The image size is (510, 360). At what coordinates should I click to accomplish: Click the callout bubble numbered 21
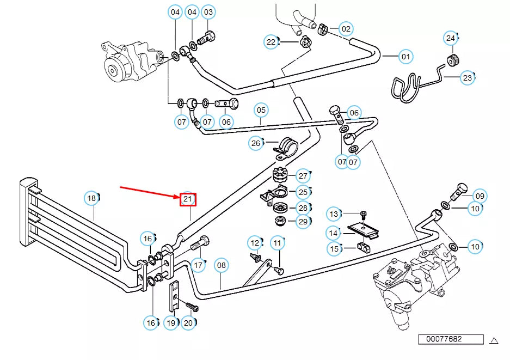pyautogui.click(x=188, y=199)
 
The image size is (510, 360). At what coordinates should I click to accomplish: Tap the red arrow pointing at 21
pyautogui.click(x=150, y=193)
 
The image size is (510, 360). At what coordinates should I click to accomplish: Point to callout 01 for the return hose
pyautogui.click(x=405, y=56)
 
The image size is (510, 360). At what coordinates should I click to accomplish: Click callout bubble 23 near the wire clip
pyautogui.click(x=467, y=78)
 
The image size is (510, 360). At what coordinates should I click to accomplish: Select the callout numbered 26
pyautogui.click(x=255, y=144)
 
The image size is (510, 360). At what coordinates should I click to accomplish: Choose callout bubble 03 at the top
pyautogui.click(x=208, y=12)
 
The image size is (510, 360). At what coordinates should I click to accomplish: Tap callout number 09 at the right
pyautogui.click(x=479, y=196)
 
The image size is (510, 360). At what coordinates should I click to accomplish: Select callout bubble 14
pyautogui.click(x=334, y=233)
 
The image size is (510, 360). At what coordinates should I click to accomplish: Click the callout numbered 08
pyautogui.click(x=221, y=266)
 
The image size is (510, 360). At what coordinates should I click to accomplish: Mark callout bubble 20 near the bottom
pyautogui.click(x=188, y=323)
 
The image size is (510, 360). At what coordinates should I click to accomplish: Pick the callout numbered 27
pyautogui.click(x=303, y=176)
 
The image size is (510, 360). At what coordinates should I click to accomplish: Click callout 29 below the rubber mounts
pyautogui.click(x=303, y=222)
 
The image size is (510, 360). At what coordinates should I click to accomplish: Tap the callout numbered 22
pyautogui.click(x=271, y=41)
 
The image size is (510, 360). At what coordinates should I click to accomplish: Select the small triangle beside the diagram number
pyautogui.click(x=494, y=340)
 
